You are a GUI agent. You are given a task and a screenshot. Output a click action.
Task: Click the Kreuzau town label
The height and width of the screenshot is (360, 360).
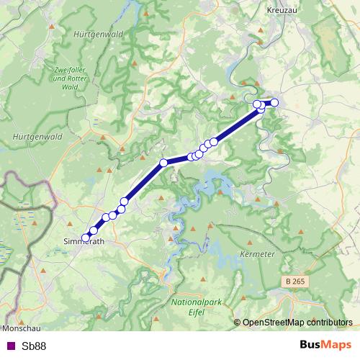point(282,11)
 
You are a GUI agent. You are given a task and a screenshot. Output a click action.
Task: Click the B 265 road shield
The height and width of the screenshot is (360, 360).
point(294,279)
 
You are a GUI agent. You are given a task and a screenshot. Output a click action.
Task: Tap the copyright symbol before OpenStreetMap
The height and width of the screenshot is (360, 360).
point(238,323)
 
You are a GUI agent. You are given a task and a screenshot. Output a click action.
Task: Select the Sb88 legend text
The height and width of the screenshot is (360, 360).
point(34,346)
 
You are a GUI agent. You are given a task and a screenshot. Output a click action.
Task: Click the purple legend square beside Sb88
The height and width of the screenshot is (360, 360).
point(10,346)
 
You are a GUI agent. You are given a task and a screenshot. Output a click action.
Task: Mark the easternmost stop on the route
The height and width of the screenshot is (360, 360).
point(274,102)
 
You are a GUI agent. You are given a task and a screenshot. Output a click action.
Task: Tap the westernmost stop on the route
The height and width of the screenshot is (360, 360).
point(86,237)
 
